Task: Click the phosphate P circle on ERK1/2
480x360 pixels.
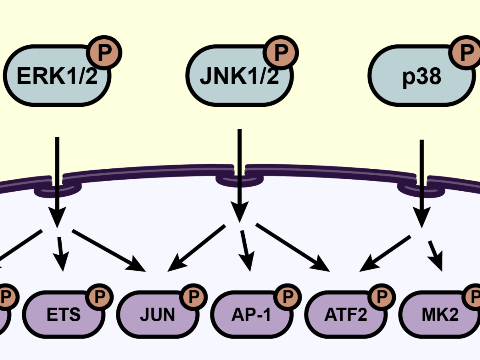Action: pos(105,52)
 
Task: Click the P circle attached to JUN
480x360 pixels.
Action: pos(192,296)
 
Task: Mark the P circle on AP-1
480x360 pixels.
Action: pos(287,296)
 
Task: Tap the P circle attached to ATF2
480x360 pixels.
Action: pos(381,296)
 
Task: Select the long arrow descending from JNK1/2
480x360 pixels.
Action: pos(240,172)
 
